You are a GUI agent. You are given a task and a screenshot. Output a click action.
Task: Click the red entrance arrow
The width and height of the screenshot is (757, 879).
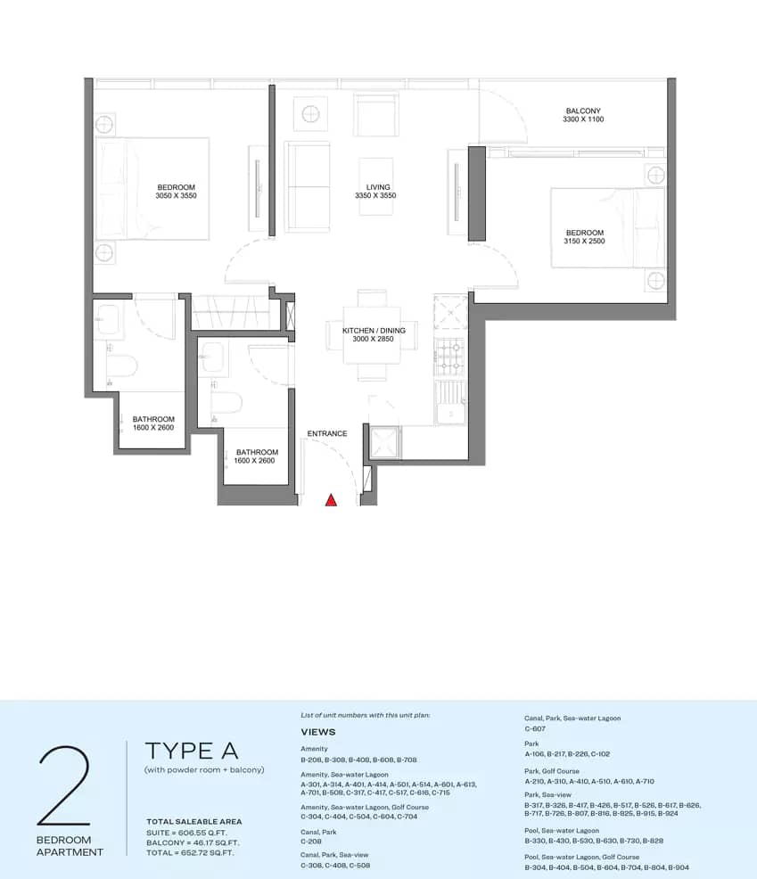pos(331,501)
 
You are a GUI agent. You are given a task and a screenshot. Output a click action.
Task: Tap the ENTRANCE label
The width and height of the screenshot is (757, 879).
pos(327,434)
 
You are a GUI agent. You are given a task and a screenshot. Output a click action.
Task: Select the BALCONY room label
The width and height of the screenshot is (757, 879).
pos(583,111)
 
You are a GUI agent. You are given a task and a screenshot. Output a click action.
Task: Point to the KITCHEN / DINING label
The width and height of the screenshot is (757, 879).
pos(374,331)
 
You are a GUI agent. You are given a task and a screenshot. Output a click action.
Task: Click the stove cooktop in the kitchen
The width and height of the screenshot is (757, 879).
pos(448,357)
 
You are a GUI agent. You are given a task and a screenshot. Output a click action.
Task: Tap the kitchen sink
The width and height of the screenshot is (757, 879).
pos(450,403)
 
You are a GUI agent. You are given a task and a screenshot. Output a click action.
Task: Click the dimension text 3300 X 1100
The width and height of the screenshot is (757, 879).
pos(583,119)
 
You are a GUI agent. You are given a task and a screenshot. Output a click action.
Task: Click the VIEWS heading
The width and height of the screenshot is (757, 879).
pos(318,732)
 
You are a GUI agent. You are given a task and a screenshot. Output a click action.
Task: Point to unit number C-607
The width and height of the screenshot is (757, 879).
pos(536,728)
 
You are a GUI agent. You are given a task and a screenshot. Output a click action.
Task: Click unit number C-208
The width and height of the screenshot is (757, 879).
pos(312,841)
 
